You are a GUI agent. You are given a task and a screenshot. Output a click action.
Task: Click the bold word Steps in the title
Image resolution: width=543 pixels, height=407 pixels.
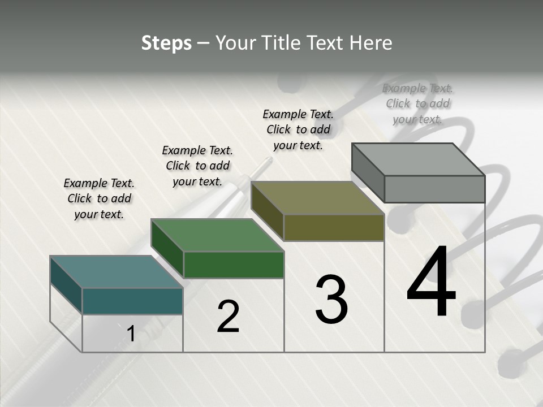[166, 43]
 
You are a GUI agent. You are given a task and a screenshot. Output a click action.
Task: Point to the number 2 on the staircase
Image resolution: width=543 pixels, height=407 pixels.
[229, 317]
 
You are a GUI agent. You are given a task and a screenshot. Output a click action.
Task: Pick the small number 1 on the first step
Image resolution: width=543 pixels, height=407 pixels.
[131, 334]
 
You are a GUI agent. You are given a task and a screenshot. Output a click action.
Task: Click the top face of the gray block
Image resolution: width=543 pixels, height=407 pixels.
[419, 159]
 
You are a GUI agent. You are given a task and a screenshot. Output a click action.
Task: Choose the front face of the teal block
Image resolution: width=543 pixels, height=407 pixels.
[132, 301]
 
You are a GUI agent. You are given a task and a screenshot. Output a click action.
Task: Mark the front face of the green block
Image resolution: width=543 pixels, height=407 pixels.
[234, 265]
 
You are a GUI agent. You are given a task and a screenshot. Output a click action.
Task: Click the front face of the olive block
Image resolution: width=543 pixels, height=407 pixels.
[334, 228]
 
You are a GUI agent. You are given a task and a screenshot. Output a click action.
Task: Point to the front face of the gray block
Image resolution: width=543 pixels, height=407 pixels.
[434, 189]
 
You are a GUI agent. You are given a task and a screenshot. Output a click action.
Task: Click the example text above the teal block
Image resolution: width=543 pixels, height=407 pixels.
[99, 198]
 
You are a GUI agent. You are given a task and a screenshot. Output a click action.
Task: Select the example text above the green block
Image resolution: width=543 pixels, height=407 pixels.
[197, 166]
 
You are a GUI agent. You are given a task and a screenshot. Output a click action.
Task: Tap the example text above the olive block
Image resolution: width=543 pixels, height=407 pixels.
[298, 129]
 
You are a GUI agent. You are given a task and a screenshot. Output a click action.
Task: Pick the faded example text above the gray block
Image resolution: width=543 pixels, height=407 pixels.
[418, 103]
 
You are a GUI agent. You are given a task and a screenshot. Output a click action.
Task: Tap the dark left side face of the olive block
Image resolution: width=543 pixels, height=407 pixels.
[268, 211]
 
